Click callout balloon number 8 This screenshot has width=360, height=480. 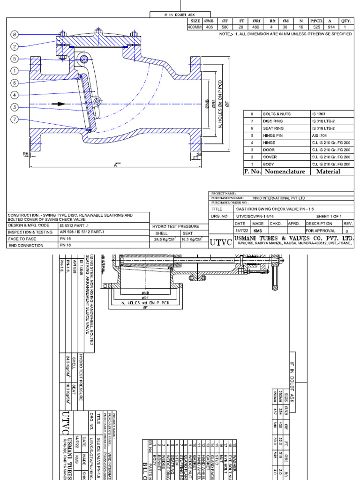point(15,35)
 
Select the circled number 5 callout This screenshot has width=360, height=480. point(15,59)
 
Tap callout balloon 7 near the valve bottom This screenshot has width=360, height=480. point(15,119)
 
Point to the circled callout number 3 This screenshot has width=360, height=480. point(15,107)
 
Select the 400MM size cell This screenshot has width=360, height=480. point(195,27)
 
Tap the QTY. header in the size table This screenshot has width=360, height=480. point(346,21)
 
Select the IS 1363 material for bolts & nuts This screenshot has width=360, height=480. point(317,114)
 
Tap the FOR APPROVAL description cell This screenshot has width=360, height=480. point(321,231)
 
